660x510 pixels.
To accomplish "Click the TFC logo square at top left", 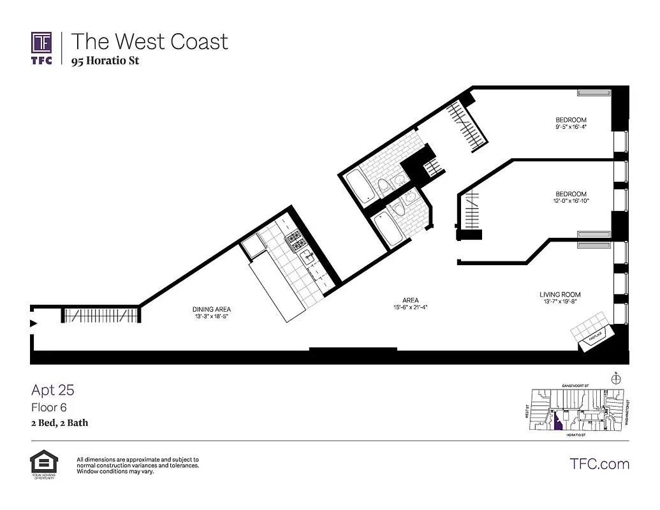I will [x=42, y=43].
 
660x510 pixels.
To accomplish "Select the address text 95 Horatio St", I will [x=105, y=61].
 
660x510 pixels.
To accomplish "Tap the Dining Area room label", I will [x=212, y=309].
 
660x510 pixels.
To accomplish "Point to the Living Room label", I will [x=560, y=295].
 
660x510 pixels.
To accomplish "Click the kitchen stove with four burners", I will [x=297, y=240].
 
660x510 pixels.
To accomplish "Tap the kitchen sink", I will [x=306, y=257].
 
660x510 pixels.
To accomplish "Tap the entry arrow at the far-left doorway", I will [x=34, y=323].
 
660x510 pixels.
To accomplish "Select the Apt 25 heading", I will [x=53, y=390].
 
